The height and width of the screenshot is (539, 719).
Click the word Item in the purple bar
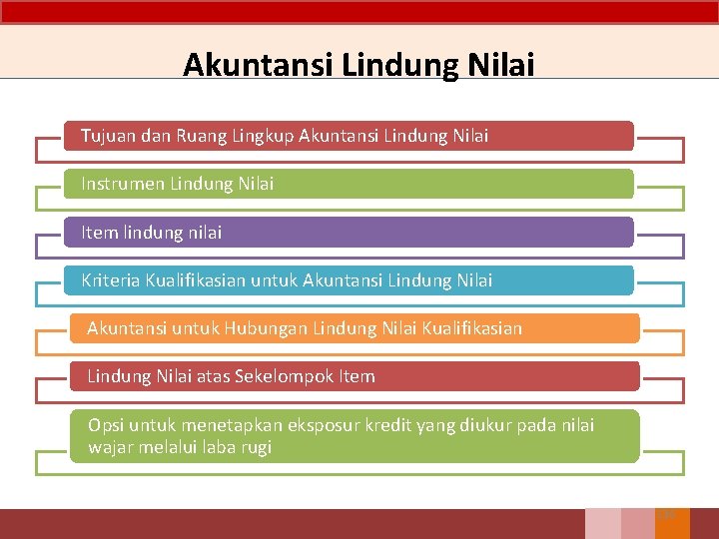(99, 233)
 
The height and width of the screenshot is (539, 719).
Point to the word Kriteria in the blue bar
(111, 280)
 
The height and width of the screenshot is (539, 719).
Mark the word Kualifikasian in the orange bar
(470, 328)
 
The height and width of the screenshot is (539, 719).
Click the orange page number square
(672, 523)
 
